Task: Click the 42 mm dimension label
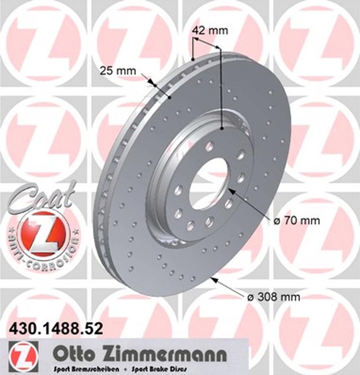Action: pos(210,31)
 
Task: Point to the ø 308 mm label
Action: pos(273,297)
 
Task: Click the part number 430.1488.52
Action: pos(56,329)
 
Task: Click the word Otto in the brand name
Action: pos(74,352)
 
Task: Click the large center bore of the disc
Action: pos(209,183)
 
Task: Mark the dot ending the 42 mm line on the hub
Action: pos(221,127)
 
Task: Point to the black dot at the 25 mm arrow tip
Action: pos(170,97)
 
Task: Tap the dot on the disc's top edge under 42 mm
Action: pos(193,60)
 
